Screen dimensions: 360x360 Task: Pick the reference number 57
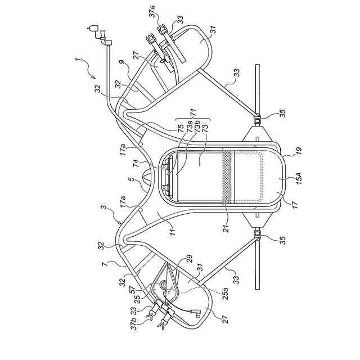[x=130, y=292]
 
